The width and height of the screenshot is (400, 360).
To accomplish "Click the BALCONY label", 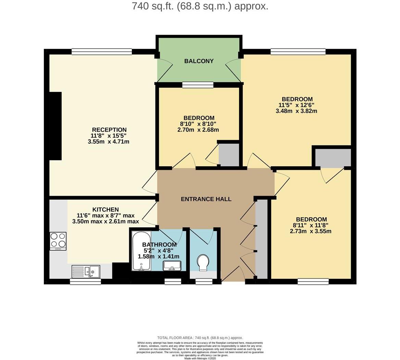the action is (199, 61).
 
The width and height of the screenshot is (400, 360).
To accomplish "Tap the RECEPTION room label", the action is (109, 130).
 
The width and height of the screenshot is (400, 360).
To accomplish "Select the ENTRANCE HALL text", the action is (206, 199).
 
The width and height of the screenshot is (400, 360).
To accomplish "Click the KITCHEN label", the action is (105, 209).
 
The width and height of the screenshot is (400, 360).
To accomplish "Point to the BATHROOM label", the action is (160, 244).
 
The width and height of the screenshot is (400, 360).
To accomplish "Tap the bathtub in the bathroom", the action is (141, 251).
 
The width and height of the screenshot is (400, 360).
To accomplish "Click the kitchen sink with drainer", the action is (86, 272).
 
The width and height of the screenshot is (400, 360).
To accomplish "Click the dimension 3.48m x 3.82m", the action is (297, 111).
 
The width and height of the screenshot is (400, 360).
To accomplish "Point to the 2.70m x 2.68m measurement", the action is (198, 130).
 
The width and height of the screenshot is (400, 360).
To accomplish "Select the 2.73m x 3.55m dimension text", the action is (311, 231).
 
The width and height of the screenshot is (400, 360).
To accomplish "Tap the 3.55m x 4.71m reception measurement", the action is (109, 142).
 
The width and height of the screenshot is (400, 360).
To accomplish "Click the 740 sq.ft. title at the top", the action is (200, 6).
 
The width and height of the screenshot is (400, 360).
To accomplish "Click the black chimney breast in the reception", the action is (55, 126).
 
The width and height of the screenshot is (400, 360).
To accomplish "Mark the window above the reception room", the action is (102, 51).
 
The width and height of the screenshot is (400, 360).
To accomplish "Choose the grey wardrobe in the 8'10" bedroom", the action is (229, 155).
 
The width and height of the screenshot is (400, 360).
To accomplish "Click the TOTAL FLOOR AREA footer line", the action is (200, 338).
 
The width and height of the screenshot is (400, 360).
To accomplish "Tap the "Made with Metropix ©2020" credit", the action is (200, 359).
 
